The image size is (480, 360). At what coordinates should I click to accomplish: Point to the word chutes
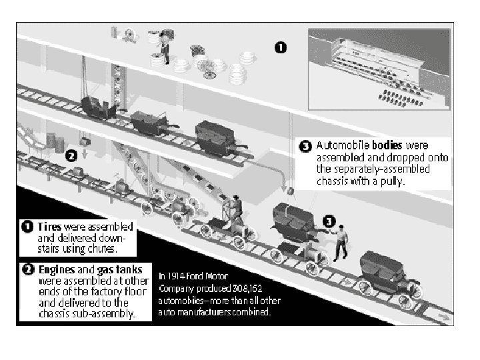point(101,250)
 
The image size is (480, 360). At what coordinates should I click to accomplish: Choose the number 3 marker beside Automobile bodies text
point(305,146)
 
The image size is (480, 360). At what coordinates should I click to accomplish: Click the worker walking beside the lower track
point(341,241)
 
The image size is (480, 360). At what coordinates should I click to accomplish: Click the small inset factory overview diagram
point(379,68)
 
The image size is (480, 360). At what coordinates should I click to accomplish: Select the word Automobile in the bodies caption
point(342,145)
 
